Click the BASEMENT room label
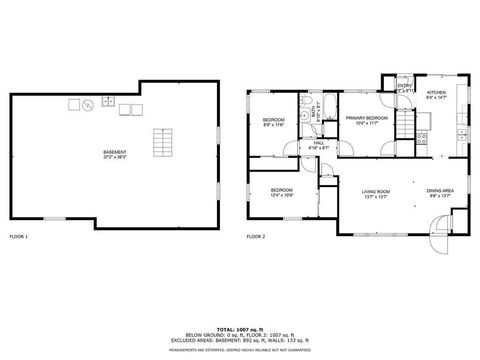pos(115,152)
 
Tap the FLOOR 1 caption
pos(19,236)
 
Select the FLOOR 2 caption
pos(257,236)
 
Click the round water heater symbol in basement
pos(87,103)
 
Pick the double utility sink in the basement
pos(109,102)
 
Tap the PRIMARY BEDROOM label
pos(365,118)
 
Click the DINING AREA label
pos(441,190)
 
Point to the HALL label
pos(319,143)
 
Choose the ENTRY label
pos(403,86)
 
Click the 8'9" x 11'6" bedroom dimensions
pos(274,125)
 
